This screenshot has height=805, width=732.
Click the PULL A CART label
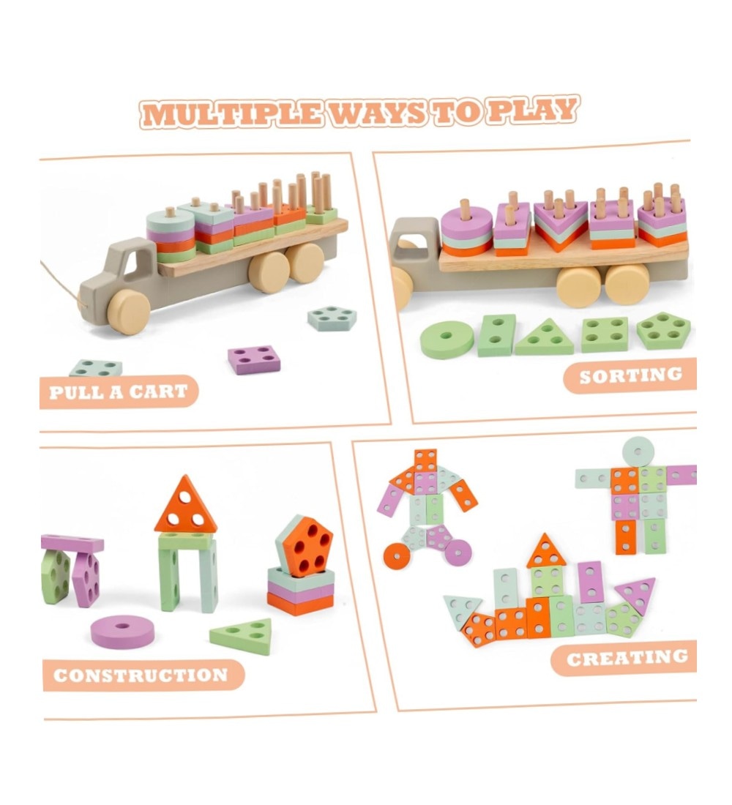click(x=119, y=392)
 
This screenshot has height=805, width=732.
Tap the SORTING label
click(x=630, y=375)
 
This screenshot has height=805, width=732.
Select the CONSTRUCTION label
click(x=141, y=675)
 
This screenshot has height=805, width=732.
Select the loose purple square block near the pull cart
click(x=254, y=359)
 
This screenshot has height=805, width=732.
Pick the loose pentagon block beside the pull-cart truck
click(x=332, y=318)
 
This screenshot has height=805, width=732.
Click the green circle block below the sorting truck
click(x=447, y=340)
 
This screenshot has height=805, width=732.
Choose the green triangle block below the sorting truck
click(x=545, y=338)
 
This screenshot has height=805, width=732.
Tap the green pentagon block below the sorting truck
click(x=663, y=330)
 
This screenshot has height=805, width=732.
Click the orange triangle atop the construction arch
click(x=185, y=506)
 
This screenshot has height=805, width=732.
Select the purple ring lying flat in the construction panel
click(x=123, y=632)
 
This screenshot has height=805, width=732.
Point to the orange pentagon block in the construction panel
click(x=306, y=546)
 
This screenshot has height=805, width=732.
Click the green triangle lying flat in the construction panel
click(x=242, y=635)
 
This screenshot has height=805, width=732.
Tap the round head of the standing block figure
click(x=638, y=452)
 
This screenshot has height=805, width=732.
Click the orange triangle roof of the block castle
click(x=545, y=552)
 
